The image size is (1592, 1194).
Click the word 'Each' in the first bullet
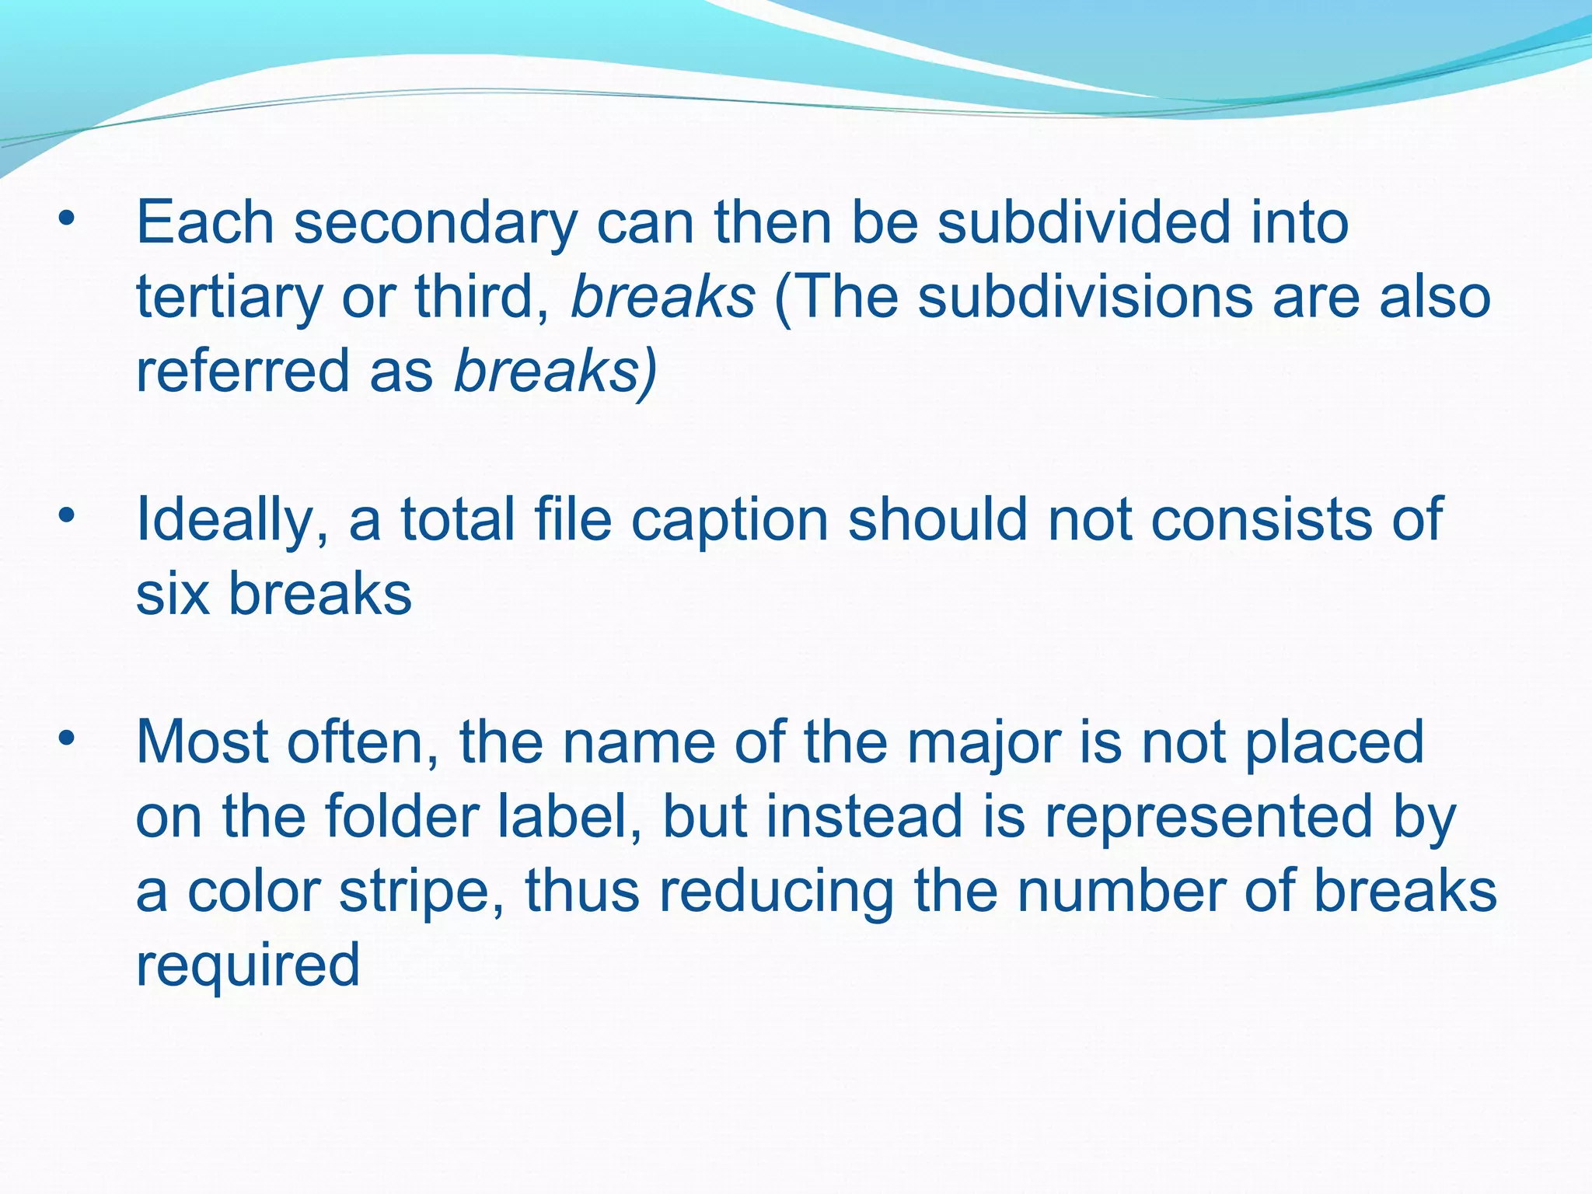pos(205,222)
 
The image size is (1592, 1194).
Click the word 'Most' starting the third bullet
pos(202,742)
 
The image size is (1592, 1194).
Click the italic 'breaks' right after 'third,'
pos(662,297)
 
